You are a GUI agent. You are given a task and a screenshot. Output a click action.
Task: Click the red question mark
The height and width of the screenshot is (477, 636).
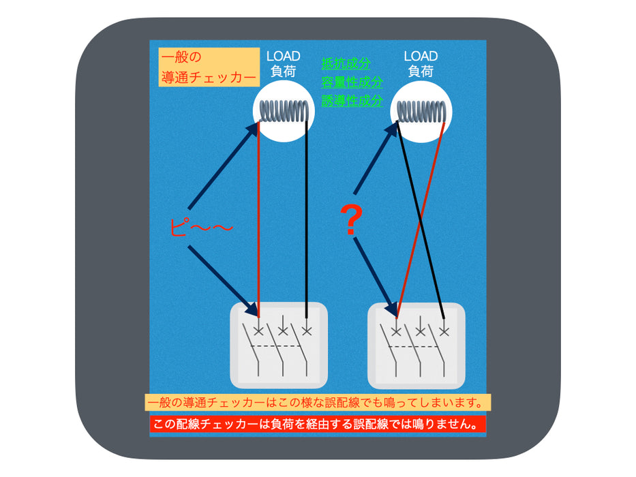(x=351, y=220)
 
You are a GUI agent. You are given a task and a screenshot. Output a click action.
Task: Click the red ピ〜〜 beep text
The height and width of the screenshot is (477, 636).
(x=201, y=227)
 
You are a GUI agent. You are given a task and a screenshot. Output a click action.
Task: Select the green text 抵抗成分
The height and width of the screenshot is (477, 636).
(x=346, y=63)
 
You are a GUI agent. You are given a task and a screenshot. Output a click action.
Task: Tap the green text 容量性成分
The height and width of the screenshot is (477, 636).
(x=352, y=82)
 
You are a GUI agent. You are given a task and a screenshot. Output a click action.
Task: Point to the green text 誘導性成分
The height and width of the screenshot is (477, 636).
(x=352, y=101)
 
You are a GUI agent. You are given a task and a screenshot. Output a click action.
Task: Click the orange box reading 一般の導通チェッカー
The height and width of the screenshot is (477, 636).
(x=209, y=67)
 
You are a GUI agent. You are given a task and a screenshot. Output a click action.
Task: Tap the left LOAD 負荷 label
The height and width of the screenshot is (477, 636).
(x=283, y=63)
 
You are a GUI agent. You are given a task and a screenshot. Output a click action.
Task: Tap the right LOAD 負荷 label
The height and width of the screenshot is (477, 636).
(x=421, y=63)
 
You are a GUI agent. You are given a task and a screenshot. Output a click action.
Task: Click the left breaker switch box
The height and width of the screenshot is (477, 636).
(x=279, y=345)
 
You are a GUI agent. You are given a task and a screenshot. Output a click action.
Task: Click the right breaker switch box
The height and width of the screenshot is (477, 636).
(x=416, y=345)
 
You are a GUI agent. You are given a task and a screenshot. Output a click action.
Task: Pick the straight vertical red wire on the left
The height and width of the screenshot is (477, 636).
(x=258, y=219)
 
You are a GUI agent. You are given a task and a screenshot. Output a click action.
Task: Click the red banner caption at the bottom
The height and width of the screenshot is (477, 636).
(x=318, y=425)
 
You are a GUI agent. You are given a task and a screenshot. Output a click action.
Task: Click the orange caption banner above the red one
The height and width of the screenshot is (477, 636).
(x=318, y=402)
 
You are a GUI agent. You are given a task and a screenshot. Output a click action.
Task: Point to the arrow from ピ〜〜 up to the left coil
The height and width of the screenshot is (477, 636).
(x=224, y=166)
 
